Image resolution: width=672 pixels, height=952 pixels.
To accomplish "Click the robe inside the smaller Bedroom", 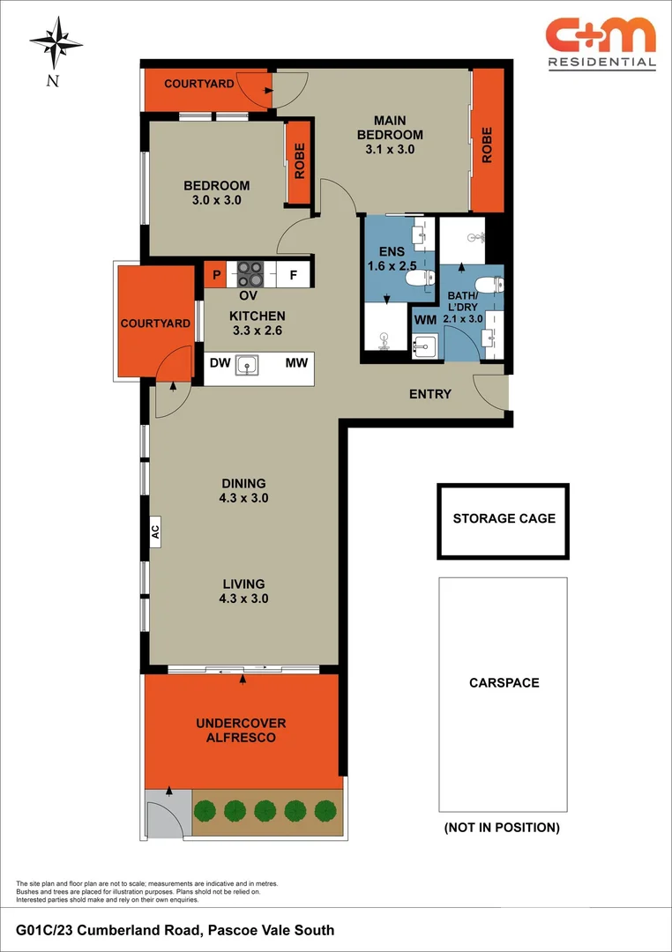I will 299,161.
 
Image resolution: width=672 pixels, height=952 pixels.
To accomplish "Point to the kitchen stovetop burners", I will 250,273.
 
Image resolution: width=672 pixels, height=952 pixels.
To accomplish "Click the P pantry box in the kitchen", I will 215,275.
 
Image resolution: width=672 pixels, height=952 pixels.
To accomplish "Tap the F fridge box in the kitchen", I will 293,275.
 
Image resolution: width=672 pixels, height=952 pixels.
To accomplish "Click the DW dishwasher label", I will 220,362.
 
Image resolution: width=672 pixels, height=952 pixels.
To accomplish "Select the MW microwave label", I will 295,362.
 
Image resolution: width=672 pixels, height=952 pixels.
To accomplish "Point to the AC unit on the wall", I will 155,532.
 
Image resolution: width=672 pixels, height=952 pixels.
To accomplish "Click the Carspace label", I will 504,682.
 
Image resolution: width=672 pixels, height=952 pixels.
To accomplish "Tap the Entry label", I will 430,394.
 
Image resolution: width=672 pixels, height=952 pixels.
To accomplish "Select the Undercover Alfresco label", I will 241,730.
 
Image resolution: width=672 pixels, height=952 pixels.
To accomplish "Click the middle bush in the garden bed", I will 265,809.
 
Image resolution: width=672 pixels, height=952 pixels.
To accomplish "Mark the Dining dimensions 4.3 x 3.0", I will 243,497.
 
